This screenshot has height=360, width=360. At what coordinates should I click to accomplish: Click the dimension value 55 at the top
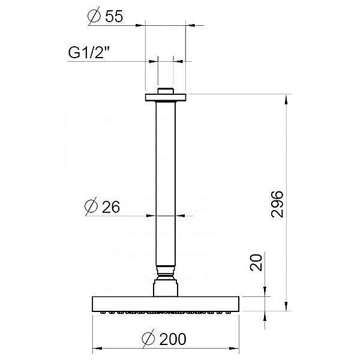(114, 17)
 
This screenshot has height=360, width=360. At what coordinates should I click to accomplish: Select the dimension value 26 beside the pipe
(111, 207)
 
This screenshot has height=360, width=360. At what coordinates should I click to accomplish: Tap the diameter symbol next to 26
(91, 207)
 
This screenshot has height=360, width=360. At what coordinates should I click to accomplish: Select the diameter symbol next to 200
(148, 339)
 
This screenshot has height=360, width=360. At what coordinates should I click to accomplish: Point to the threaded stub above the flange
(165, 91)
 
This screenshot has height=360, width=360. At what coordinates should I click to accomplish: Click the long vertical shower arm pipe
(165, 180)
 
